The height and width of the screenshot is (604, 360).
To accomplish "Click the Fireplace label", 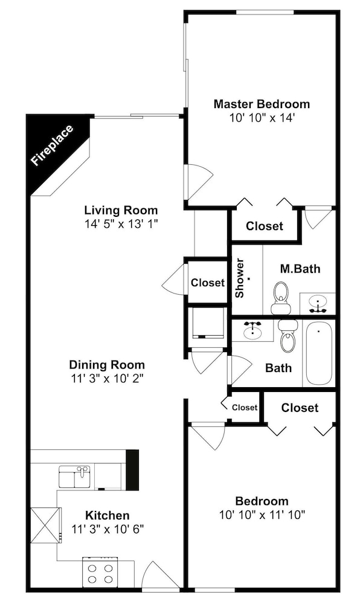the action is pyautogui.click(x=52, y=145).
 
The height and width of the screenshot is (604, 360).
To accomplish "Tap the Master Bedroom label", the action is pyautogui.click(x=262, y=104).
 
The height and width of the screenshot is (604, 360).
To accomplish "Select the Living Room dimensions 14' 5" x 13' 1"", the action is pyautogui.click(x=121, y=224).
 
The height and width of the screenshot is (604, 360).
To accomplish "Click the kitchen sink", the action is pyautogui.click(x=75, y=477).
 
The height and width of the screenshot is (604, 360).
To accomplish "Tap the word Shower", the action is pyautogui.click(x=240, y=278).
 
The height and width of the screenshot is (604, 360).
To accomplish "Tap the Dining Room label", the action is pyautogui.click(x=107, y=364).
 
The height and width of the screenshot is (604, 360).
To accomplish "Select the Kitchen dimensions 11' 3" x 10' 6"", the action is pyautogui.click(x=108, y=529).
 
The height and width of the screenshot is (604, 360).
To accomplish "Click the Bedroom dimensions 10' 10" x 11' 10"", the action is pyautogui.click(x=262, y=515).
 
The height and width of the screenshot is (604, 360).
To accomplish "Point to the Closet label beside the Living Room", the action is pyautogui.click(x=208, y=283).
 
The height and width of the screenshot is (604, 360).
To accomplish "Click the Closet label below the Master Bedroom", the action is pyautogui.click(x=265, y=226).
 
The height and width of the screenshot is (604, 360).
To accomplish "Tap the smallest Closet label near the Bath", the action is pyautogui.click(x=245, y=408).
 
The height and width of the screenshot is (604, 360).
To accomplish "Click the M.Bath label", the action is pyautogui.click(x=300, y=269).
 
